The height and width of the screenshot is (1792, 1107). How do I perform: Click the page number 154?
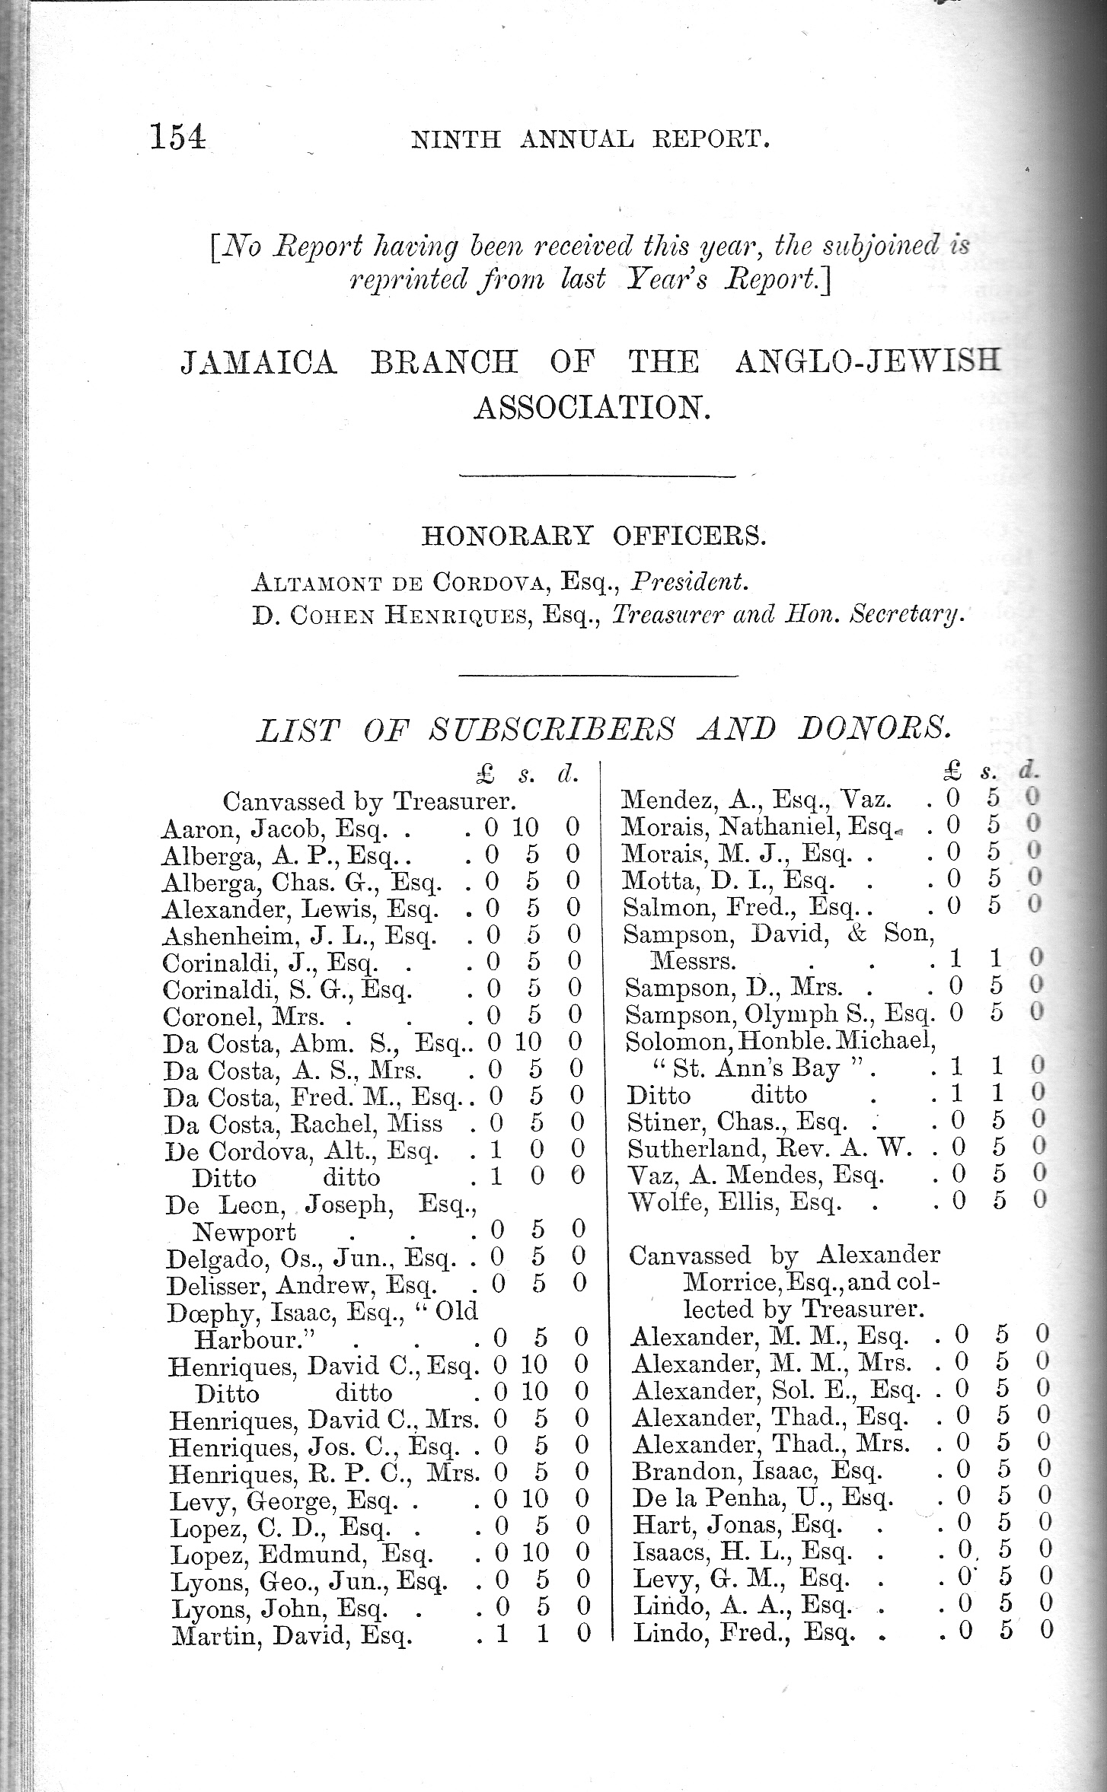(177, 138)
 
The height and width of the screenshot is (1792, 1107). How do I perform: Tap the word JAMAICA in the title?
(258, 362)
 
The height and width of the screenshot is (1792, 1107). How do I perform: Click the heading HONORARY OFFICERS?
(593, 536)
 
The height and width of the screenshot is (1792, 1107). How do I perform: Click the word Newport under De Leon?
(244, 1231)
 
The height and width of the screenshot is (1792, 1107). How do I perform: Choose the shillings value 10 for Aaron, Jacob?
(527, 827)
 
